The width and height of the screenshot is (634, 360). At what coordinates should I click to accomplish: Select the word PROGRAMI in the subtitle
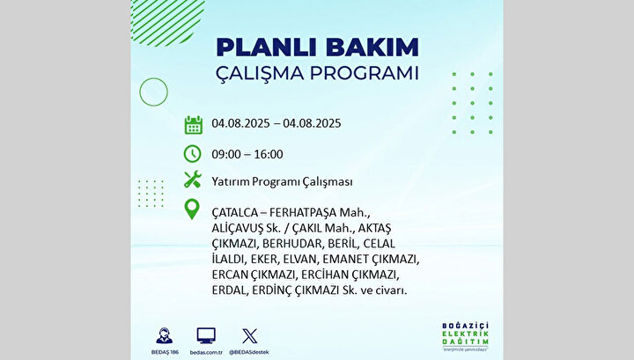click(x=364, y=73)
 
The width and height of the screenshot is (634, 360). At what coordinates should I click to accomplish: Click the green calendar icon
click(x=193, y=125)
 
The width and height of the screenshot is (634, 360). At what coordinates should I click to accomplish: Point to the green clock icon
click(x=193, y=153)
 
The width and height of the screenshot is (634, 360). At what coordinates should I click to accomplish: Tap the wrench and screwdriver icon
click(x=193, y=180)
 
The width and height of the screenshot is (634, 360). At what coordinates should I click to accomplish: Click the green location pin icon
click(x=192, y=209)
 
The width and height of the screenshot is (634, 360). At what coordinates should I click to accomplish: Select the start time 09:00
click(x=226, y=154)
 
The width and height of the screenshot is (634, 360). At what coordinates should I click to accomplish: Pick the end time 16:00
click(x=269, y=154)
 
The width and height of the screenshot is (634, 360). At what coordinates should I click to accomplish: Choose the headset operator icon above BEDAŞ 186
click(x=164, y=336)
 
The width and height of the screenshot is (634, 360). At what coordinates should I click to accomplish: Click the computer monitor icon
click(x=206, y=336)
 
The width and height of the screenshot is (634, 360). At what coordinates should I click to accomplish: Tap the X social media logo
click(x=249, y=336)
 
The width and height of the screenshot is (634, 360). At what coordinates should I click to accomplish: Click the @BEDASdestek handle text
click(x=249, y=352)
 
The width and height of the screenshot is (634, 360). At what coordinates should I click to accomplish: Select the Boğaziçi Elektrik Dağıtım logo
click(x=466, y=336)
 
